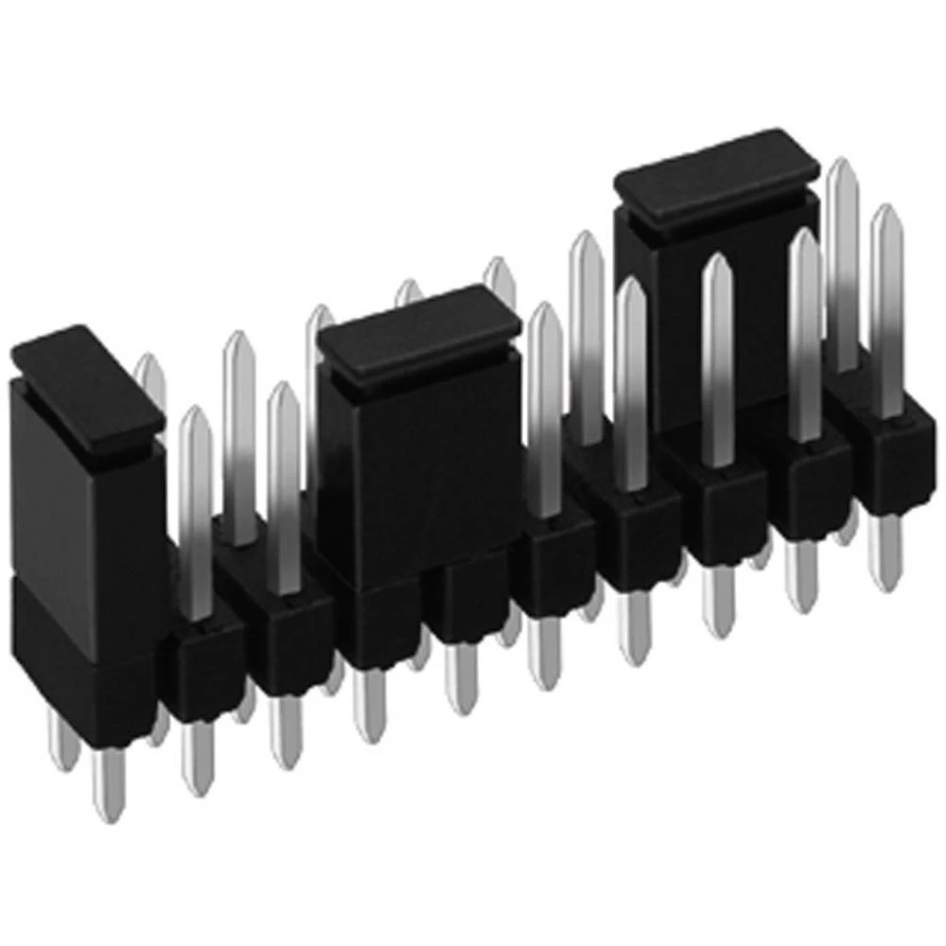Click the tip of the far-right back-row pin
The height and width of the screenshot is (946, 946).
tap(841, 170)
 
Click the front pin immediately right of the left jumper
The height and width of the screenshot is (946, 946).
tap(196, 511)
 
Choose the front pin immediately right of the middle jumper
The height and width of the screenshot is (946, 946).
tap(545, 407)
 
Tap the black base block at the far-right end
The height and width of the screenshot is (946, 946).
tap(889, 454)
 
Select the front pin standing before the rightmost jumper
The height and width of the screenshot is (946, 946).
tap(718, 359)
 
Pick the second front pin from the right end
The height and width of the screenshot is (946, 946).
tap(805, 331)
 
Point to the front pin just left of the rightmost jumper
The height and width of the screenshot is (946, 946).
tap(631, 378)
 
